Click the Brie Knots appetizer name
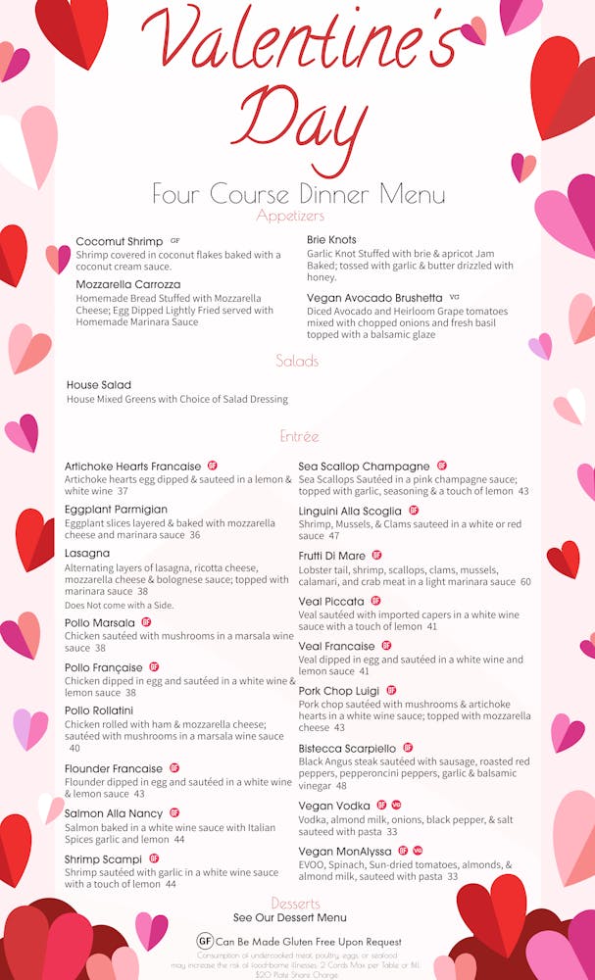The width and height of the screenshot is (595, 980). tap(331, 240)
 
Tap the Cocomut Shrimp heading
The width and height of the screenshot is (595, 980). tap(119, 242)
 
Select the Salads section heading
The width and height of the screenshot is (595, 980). tap(297, 361)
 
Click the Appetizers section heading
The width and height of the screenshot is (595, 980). tap(290, 216)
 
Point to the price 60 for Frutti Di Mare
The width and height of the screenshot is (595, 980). tap(525, 582)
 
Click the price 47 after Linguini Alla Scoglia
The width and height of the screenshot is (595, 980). tap(334, 537)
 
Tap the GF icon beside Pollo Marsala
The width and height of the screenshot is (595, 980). tap(146, 622)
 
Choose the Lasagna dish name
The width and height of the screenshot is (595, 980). tap(87, 554)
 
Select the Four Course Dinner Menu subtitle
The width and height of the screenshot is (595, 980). tap(298, 193)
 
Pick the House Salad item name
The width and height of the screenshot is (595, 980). tap(99, 385)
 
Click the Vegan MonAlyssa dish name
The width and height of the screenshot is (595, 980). tap(346, 852)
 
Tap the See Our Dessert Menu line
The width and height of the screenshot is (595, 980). tap(290, 918)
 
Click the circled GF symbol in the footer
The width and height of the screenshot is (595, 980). tap(205, 941)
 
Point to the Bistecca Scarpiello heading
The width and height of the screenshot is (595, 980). tap(347, 749)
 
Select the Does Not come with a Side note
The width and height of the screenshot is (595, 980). tap(119, 606)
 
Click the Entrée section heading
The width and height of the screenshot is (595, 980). tap(299, 436)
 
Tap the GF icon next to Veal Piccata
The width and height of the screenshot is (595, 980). tap(375, 601)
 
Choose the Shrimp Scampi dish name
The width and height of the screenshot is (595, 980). tap(103, 859)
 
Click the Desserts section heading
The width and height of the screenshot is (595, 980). tap(296, 903)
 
